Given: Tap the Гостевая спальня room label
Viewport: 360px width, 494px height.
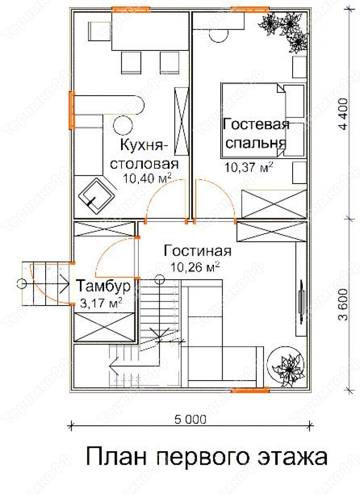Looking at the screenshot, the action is pyautogui.click(x=256, y=134).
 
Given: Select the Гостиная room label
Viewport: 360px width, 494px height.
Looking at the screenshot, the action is pyautogui.click(x=198, y=251).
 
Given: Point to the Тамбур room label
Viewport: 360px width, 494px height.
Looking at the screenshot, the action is pyautogui.click(x=103, y=286).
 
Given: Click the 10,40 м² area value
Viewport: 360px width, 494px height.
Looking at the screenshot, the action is pyautogui.click(x=147, y=178).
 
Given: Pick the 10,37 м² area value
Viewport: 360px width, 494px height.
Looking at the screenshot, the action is pyautogui.click(x=248, y=167).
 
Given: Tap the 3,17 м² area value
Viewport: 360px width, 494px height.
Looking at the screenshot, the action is pyautogui.click(x=101, y=304).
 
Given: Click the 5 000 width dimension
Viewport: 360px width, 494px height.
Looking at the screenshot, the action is pyautogui.click(x=190, y=420).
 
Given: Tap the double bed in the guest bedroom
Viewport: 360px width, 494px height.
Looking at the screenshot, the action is pyautogui.click(x=263, y=120).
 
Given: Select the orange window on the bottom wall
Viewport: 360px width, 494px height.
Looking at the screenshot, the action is pyautogui.click(x=250, y=390).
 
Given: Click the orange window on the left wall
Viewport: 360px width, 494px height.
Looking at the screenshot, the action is pyautogui.click(x=72, y=110).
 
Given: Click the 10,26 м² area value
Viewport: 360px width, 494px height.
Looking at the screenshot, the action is pyautogui.click(x=196, y=268).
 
